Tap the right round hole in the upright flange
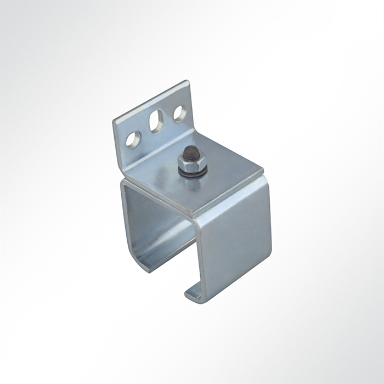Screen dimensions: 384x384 [x=179, y=113]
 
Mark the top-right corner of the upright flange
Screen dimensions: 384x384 [x=189, y=82]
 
